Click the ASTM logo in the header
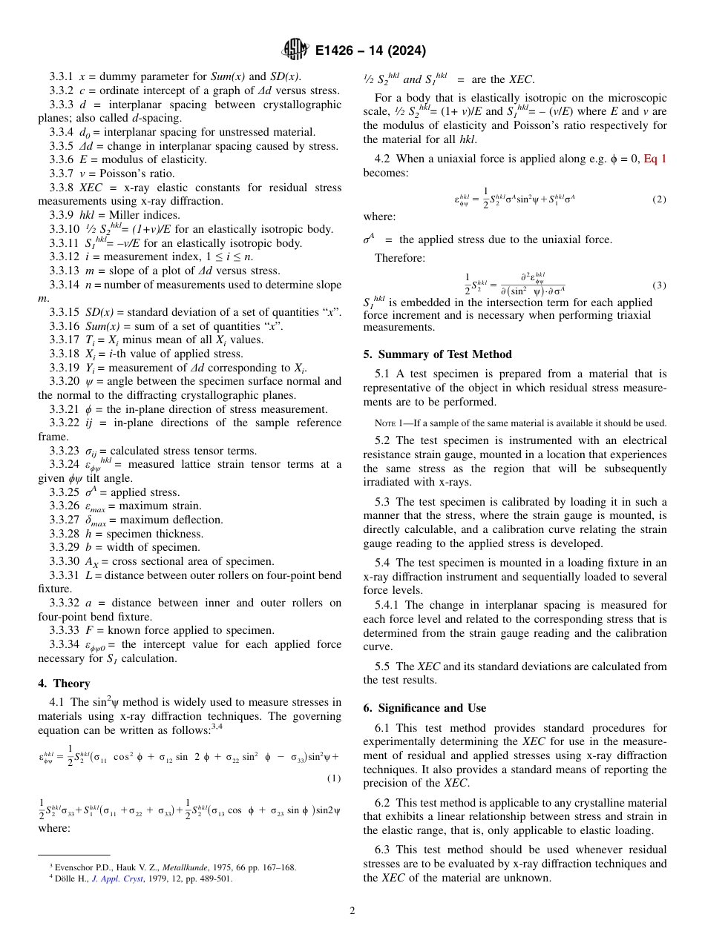[295, 50]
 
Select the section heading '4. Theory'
[64, 684]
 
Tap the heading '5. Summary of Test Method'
[437, 354]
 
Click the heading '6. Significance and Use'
[424, 708]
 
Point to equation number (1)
[333, 778]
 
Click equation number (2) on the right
[659, 199]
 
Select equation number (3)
[659, 285]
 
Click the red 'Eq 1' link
[655, 159]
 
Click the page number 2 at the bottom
[352, 911]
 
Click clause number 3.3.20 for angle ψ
[64, 382]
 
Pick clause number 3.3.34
[64, 645]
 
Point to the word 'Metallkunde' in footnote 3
[186, 867]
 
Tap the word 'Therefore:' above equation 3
[399, 258]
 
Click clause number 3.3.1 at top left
[62, 76]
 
